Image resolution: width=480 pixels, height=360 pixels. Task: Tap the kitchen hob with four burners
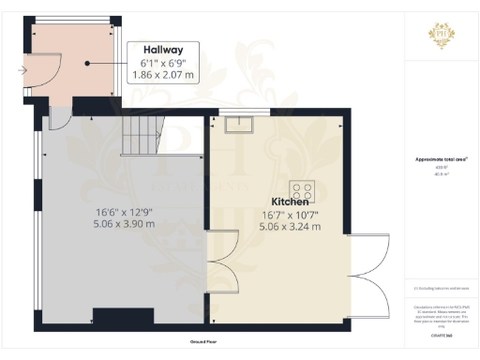pyautogui.click(x=305, y=187)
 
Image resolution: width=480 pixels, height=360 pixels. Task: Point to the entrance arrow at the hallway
pyautogui.click(x=22, y=69)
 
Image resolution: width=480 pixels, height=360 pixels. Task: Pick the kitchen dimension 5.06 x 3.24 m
pyautogui.click(x=290, y=226)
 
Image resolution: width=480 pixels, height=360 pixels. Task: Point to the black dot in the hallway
pyautogui.click(x=86, y=64)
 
